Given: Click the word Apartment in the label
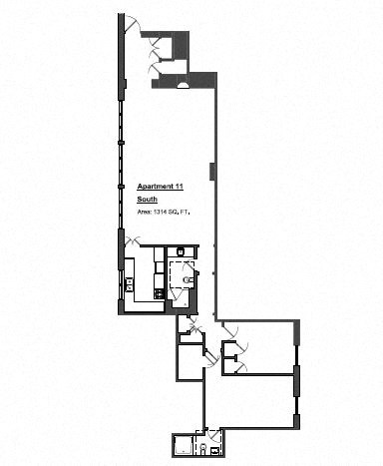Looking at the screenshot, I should (156, 187).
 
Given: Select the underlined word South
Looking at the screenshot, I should (147, 199).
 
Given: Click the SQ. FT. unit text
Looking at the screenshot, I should (181, 212).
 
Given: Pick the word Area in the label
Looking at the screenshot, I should (145, 212).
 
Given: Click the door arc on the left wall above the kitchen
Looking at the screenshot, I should (131, 239).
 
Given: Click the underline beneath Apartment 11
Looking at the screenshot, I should (161, 192).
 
